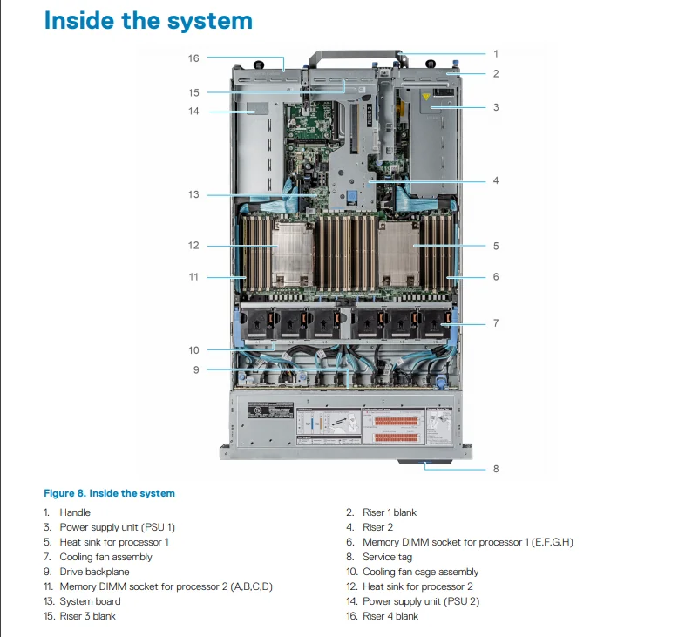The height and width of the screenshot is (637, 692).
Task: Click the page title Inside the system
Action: point(148,21)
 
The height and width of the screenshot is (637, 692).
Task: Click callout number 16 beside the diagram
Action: point(193,58)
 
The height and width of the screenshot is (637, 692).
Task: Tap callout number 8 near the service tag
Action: point(496,469)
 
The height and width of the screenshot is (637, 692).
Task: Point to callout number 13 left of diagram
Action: point(193,194)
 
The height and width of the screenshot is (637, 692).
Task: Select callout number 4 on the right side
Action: point(496,181)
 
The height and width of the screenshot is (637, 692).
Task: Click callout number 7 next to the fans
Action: point(496,323)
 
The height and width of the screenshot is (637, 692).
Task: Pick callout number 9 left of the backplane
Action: point(196,369)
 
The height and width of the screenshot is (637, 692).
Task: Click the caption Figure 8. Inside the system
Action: point(109,493)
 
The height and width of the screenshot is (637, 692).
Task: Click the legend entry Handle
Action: point(75,512)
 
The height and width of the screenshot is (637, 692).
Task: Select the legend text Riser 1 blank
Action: point(390,512)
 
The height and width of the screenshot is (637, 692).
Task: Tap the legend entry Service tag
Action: point(388,557)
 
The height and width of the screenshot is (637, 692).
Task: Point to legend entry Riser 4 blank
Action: point(390,616)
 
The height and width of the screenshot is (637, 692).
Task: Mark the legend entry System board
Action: point(90,601)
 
